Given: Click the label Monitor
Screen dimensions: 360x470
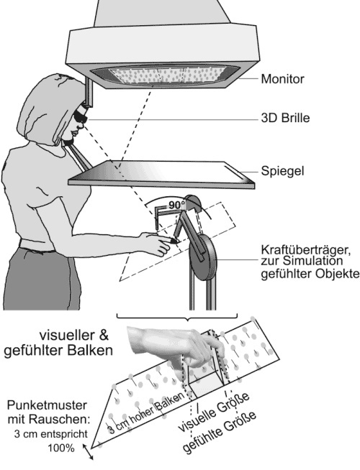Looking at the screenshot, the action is [282, 79].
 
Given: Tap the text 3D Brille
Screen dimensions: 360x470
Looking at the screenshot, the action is [285, 118].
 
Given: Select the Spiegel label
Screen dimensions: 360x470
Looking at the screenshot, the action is [282, 171].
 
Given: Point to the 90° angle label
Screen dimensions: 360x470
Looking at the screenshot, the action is [176, 206].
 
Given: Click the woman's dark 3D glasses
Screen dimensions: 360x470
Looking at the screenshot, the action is [81, 116].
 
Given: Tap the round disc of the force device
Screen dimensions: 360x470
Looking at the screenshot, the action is [202, 257].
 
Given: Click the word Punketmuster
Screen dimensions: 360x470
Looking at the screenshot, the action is [47, 405].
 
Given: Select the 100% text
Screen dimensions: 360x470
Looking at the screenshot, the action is [61, 448].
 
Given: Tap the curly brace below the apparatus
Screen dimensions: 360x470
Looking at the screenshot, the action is [177, 317].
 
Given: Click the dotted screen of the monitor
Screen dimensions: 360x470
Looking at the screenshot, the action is [166, 75].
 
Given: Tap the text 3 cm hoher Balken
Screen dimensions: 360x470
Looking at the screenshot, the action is [146, 413].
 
